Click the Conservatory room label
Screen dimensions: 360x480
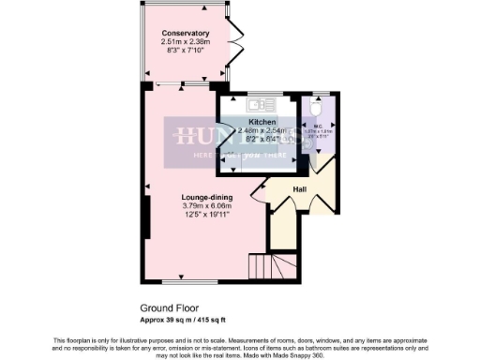185,34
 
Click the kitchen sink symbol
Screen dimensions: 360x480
258,104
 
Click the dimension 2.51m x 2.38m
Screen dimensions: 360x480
185,42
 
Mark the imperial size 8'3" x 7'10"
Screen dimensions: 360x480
185,51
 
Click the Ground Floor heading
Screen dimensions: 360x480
169,307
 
